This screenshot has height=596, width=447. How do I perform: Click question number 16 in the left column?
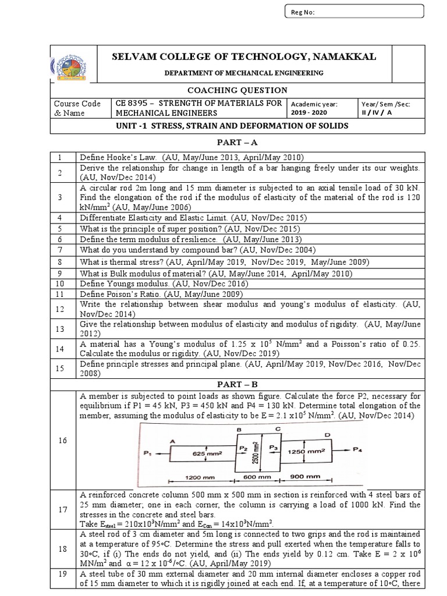[63, 441]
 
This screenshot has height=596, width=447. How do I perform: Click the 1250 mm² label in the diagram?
[307, 451]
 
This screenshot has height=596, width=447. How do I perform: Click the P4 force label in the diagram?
[359, 449]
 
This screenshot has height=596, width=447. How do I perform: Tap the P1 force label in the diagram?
[146, 452]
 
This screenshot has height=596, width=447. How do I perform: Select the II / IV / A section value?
[379, 113]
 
